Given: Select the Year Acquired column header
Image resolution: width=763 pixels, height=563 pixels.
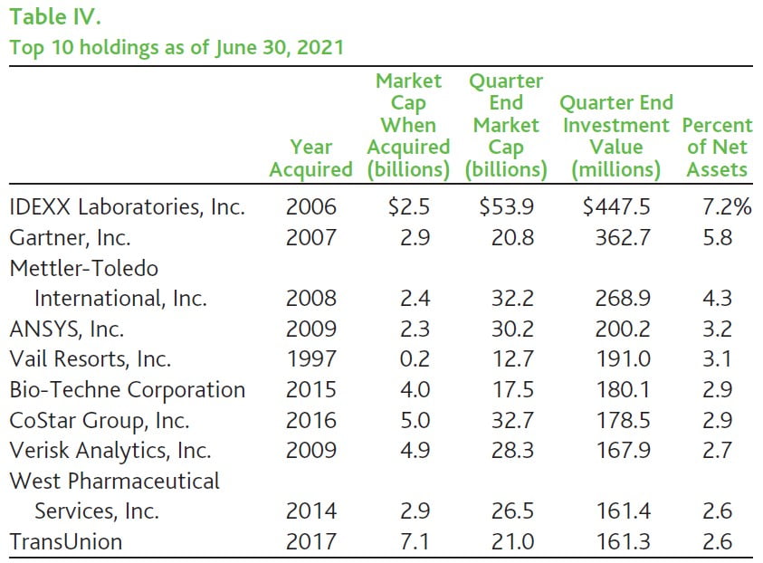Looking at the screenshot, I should tap(310, 157).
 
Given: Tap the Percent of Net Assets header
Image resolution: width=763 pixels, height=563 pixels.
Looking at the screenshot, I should tap(717, 147).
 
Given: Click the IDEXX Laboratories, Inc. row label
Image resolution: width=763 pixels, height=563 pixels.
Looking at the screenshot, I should tap(127, 207).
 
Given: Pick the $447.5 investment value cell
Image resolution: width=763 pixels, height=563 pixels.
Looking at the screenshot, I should tap(616, 207).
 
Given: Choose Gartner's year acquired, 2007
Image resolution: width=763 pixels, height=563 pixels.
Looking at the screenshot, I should tap(310, 238).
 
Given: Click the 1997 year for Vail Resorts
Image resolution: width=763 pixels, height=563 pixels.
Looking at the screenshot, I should tap(310, 359).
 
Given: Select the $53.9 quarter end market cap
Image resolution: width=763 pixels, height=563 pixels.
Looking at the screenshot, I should tap(506, 207).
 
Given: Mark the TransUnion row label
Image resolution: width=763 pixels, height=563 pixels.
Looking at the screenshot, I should tap(65, 542).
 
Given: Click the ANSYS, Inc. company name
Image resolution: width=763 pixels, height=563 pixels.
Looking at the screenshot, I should tap(66, 329).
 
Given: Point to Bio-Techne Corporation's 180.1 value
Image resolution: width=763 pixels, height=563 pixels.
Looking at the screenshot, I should tap(624, 390).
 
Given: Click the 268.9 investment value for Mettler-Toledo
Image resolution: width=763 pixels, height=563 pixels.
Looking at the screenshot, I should tap(624, 298).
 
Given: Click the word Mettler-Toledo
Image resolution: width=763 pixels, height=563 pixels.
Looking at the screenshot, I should tap(83, 268).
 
